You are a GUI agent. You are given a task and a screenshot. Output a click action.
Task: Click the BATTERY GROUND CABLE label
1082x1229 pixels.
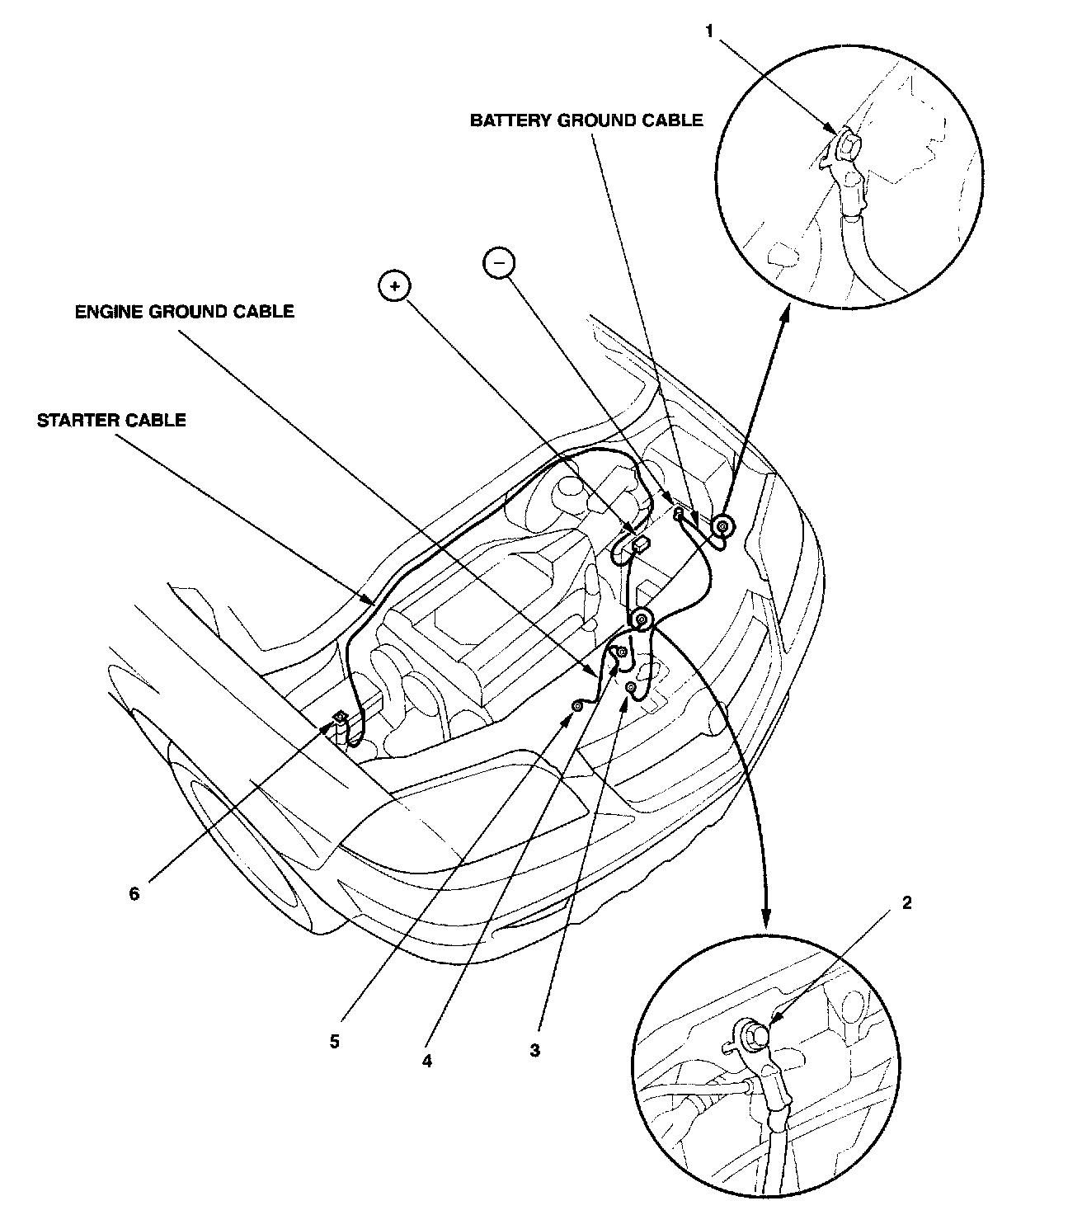coord(586,120)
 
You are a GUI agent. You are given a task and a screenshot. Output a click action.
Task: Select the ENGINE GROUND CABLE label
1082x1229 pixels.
coord(184,312)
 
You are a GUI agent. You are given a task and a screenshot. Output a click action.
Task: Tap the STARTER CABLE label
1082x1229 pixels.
coord(111,420)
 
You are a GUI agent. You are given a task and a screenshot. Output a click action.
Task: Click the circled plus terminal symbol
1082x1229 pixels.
coord(394,285)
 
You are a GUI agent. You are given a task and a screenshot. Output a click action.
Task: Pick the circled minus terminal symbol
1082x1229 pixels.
coord(498,262)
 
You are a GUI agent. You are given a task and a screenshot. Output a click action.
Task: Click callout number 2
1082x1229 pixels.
coord(907,902)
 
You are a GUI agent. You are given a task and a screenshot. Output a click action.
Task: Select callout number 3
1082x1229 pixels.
coord(535,1050)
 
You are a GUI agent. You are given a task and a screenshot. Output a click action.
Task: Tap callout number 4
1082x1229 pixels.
coord(426,1062)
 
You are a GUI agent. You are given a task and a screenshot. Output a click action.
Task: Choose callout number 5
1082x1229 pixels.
coord(334,1042)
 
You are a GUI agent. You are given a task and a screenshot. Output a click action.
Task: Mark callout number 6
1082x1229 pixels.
coord(134,893)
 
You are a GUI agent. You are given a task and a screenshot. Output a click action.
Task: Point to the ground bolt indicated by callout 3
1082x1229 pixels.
coord(630,686)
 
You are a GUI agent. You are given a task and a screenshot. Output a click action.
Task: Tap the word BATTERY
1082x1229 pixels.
coord(510,120)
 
